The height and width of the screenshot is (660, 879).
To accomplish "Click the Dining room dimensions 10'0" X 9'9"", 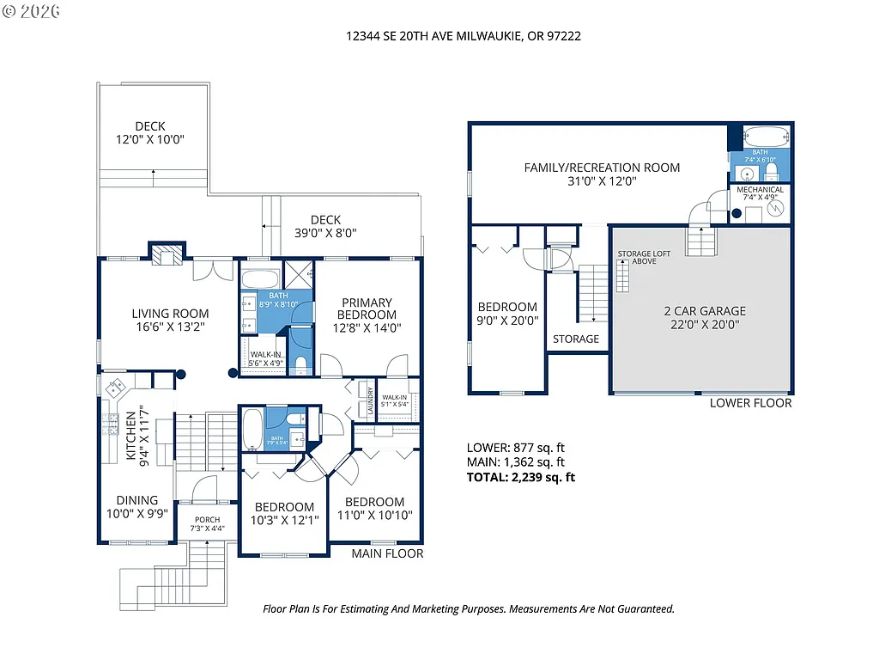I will point(137,513).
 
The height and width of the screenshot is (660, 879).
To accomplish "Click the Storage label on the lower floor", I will point(576,339).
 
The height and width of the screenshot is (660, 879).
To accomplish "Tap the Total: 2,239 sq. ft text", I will point(520,477).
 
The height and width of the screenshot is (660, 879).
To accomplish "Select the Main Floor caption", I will point(387,553).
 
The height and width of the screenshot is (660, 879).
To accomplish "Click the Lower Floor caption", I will point(750,403).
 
